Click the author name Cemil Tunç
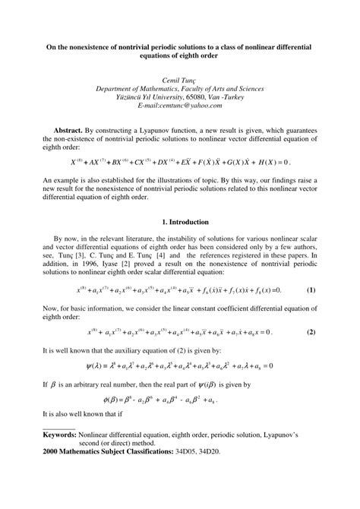coord(179,80)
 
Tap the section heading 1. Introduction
coord(179,221)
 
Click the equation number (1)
coord(311,290)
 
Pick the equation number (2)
coord(311,333)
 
